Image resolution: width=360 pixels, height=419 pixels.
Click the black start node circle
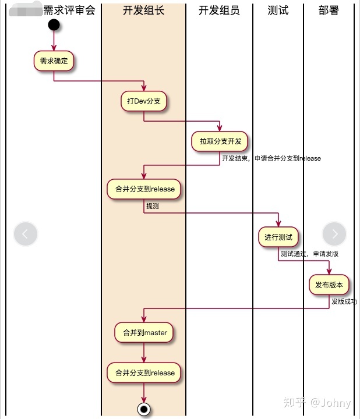[x=54, y=25]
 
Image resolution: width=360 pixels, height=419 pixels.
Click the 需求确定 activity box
[x=54, y=61]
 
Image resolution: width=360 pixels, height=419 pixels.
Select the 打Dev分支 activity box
[x=144, y=101]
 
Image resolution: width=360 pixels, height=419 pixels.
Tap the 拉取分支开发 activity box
[x=220, y=141]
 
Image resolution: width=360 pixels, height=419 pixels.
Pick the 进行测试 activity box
[x=278, y=237]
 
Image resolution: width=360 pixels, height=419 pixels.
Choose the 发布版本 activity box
[x=329, y=285]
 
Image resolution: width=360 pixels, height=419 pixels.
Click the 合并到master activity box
[x=144, y=332]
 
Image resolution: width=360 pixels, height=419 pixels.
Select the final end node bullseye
[x=144, y=409]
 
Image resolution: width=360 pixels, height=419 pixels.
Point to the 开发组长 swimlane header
[x=144, y=10]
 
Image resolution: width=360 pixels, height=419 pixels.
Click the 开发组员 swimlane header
[x=219, y=10]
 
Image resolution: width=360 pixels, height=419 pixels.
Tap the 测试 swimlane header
[x=278, y=10]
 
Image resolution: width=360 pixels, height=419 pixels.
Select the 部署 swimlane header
[x=329, y=10]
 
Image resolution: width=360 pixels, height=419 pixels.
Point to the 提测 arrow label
[x=153, y=206]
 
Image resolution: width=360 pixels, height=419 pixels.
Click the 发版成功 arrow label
[x=344, y=301]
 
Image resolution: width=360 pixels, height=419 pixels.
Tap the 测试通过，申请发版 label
[x=309, y=254]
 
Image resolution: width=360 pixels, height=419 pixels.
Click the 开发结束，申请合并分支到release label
[x=271, y=158]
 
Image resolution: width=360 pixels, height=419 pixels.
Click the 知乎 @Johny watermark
[x=317, y=403]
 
